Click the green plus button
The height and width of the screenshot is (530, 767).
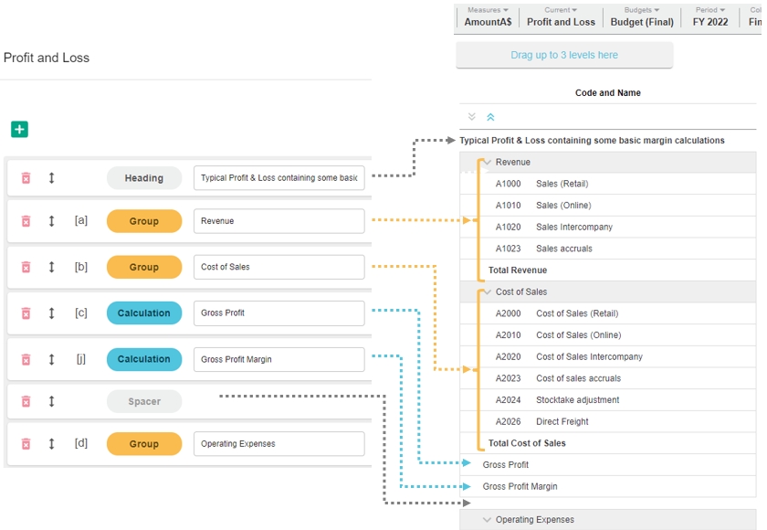[x=19, y=129]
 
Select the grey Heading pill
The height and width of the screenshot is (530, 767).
[x=144, y=178]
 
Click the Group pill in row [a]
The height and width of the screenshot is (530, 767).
[x=144, y=221]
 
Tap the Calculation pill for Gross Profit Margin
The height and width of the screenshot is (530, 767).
[x=144, y=359]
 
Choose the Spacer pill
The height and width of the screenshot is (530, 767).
[x=144, y=401]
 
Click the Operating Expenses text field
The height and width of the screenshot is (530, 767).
[x=278, y=444]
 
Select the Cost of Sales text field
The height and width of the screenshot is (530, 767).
[x=278, y=267]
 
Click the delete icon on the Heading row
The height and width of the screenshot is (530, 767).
[x=26, y=178]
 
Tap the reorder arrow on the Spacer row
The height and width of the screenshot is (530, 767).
[x=51, y=401]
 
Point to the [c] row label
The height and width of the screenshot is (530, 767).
[x=81, y=313]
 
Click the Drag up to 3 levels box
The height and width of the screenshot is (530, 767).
[x=564, y=55]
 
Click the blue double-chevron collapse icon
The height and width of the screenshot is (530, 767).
[x=490, y=117]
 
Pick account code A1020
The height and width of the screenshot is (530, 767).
[x=509, y=227]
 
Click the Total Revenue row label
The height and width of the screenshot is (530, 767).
[x=518, y=270]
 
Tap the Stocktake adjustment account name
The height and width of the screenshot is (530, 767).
[x=578, y=400]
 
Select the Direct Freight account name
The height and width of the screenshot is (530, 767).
[x=562, y=421]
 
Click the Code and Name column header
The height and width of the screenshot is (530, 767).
[x=607, y=93]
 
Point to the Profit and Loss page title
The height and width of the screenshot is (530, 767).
[x=47, y=58]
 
